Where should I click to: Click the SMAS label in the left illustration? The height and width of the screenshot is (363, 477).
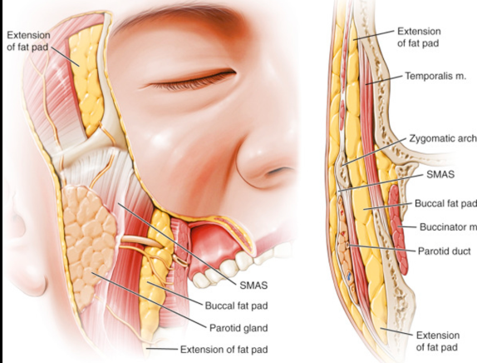(253, 286)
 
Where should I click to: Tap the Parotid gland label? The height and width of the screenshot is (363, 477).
(238, 328)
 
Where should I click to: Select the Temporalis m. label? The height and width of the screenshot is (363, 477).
(435, 76)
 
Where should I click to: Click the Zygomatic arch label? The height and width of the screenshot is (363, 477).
(443, 138)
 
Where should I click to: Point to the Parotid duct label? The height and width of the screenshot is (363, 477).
(444, 251)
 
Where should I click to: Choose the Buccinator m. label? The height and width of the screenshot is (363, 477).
(448, 227)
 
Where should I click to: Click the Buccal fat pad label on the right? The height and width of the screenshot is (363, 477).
(445, 203)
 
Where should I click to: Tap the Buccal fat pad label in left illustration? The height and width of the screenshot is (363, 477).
(236, 306)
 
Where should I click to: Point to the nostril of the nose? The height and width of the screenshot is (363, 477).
(280, 172)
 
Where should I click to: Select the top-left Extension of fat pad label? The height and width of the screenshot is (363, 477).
(28, 42)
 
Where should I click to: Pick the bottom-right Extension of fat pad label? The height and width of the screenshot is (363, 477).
(437, 341)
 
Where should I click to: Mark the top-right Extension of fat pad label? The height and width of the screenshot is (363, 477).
(419, 37)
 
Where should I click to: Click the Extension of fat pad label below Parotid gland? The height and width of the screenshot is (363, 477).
(224, 350)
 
